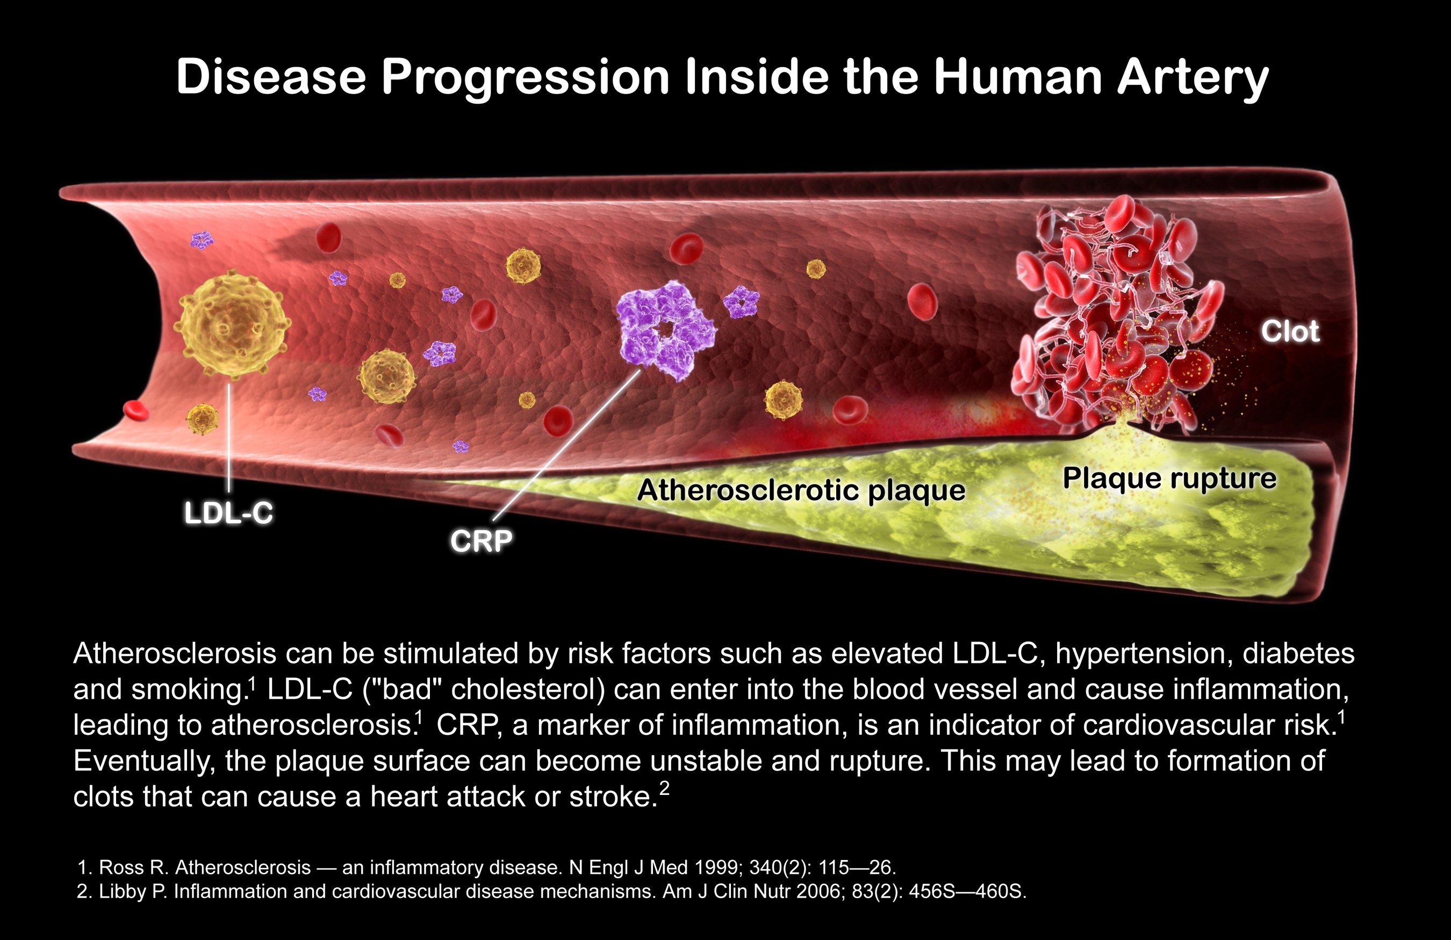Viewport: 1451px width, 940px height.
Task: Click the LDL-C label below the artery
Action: [x=228, y=513]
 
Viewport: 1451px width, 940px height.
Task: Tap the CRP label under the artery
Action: [x=481, y=540]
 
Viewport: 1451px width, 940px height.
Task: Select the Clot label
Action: [x=1291, y=331]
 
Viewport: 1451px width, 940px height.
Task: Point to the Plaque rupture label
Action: [x=1169, y=478]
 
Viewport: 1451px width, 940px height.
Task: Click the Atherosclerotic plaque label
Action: [x=801, y=490]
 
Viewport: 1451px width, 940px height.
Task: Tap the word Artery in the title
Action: [x=1193, y=78]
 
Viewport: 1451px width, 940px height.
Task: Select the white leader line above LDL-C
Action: [x=229, y=437]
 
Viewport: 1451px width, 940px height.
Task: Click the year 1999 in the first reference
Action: [x=711, y=867]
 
